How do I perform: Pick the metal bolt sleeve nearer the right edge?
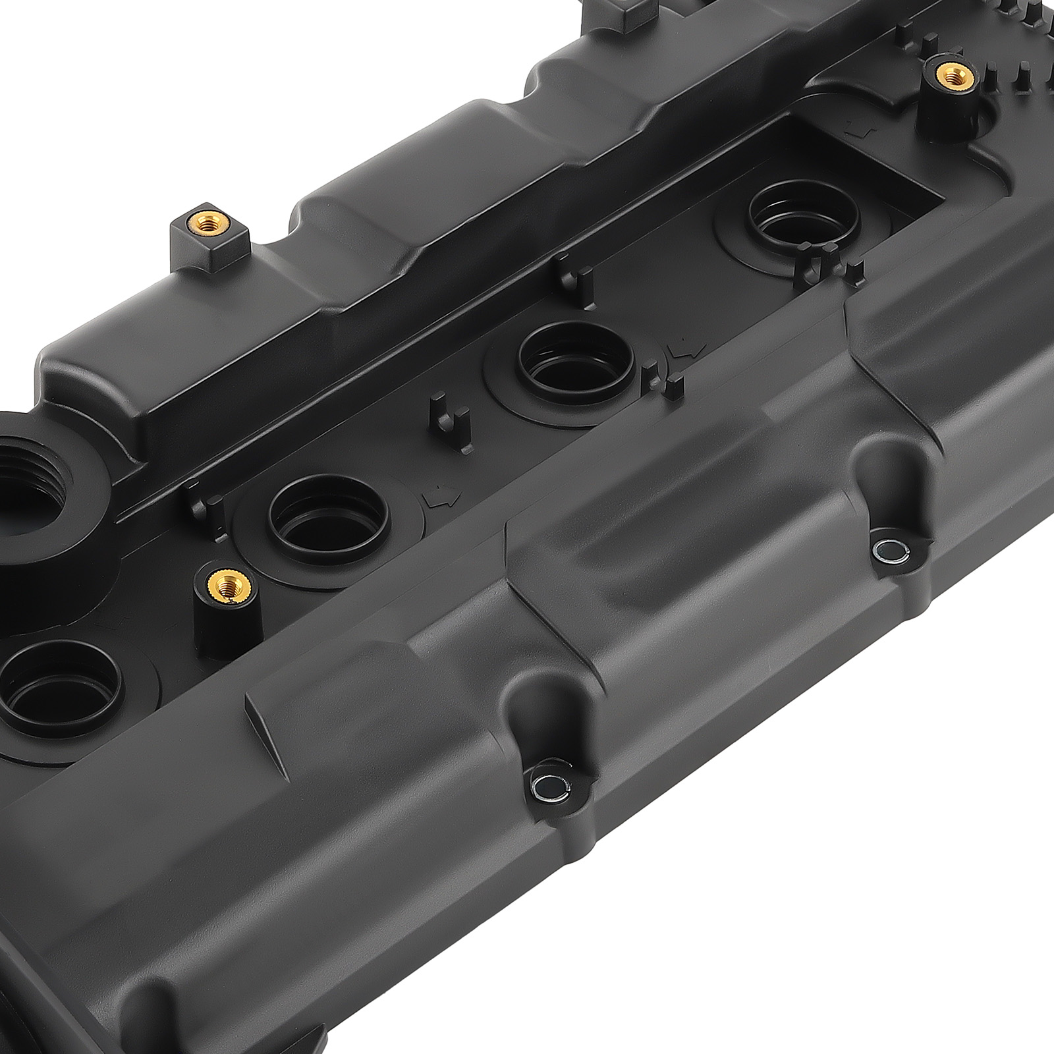[x=883, y=549]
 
